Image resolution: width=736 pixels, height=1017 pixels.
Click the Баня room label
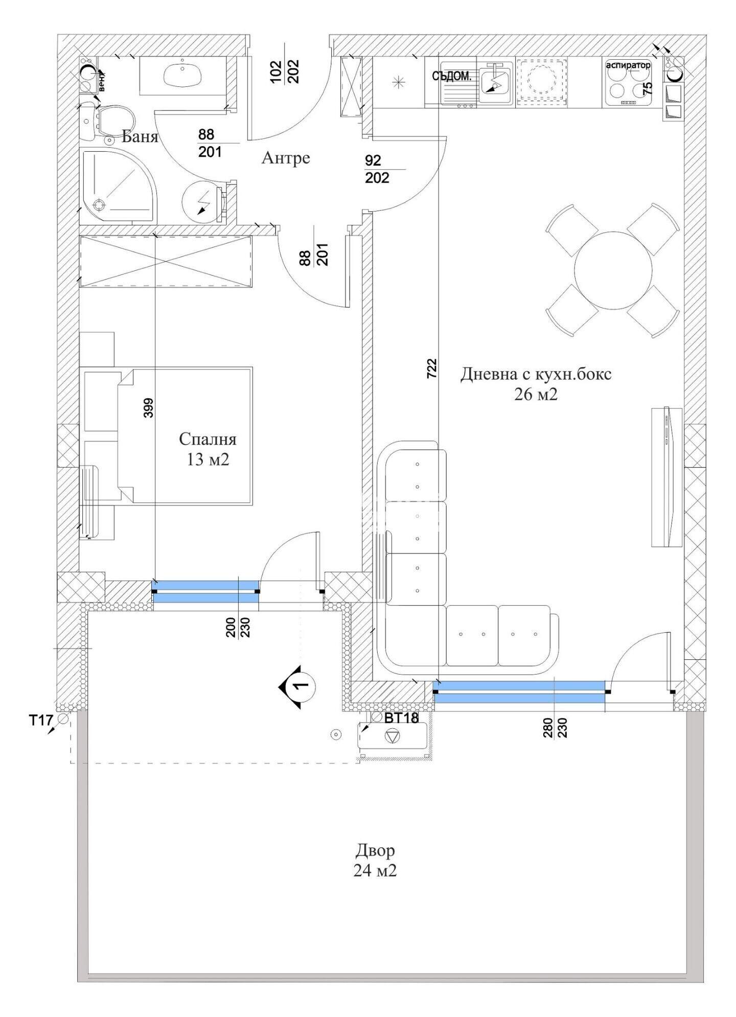coord(140,137)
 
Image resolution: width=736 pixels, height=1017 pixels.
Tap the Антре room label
coord(286,158)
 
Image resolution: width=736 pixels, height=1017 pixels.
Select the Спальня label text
coord(208,439)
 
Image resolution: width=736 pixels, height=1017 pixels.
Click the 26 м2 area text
coord(536,395)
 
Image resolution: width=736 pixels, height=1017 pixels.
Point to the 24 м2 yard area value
coord(375,870)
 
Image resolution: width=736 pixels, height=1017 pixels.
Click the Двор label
coord(375,851)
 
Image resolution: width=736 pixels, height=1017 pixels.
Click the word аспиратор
coord(628,65)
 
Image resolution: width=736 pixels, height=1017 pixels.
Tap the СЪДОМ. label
coord(451,77)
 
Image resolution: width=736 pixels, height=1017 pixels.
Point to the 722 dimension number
coord(432,368)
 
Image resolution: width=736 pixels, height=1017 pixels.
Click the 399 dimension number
coord(148,408)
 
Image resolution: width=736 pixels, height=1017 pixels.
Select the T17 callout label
coord(40,721)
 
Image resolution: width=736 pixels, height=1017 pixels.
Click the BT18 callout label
coord(401,718)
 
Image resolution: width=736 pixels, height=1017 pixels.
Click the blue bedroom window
coord(205,592)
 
